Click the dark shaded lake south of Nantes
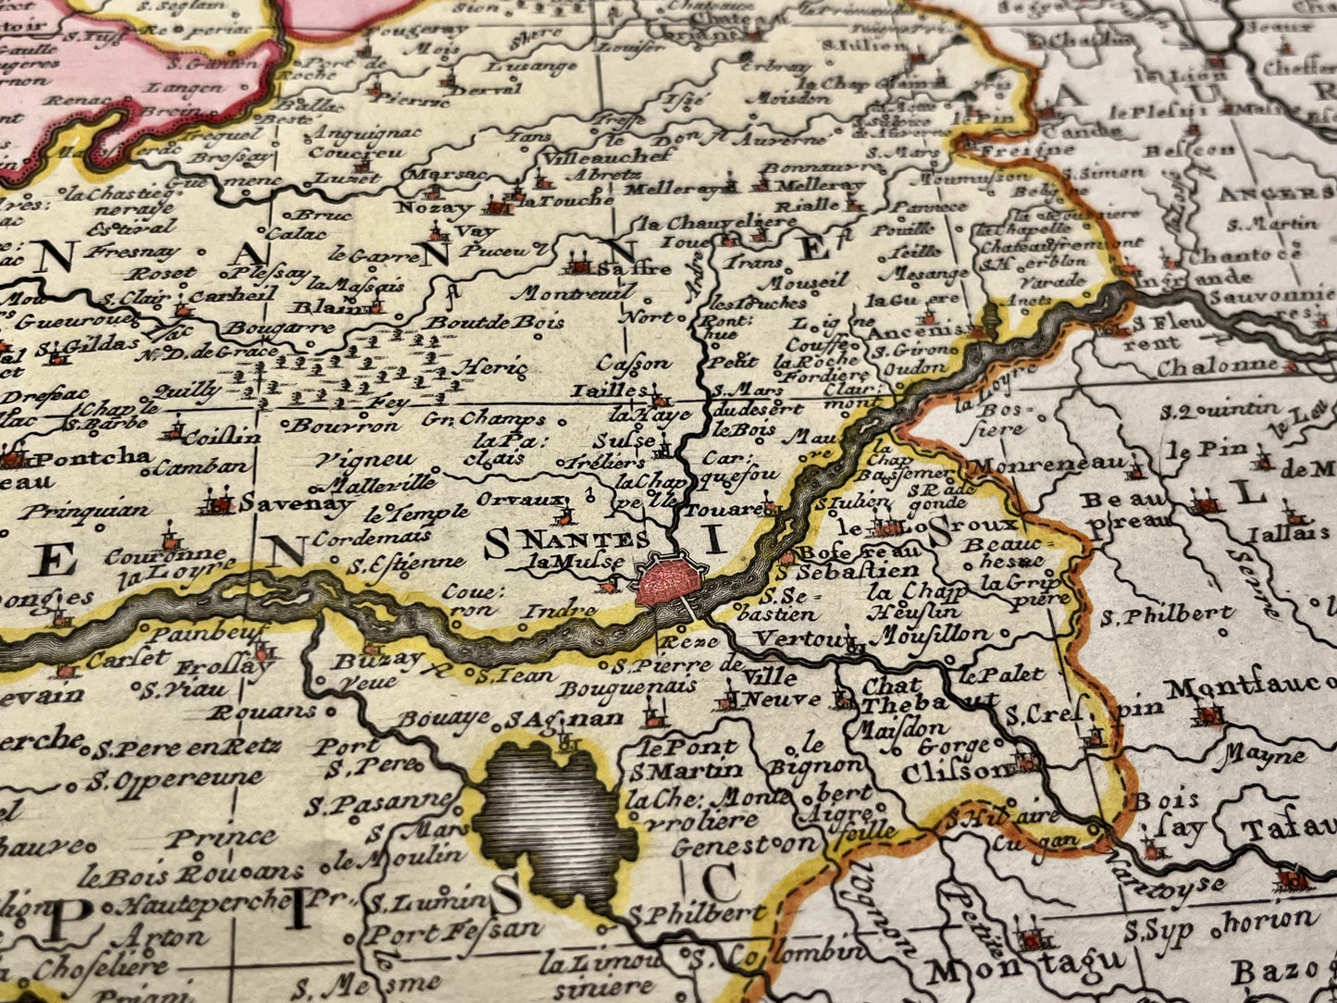555,823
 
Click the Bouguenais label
629,687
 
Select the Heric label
495,368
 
